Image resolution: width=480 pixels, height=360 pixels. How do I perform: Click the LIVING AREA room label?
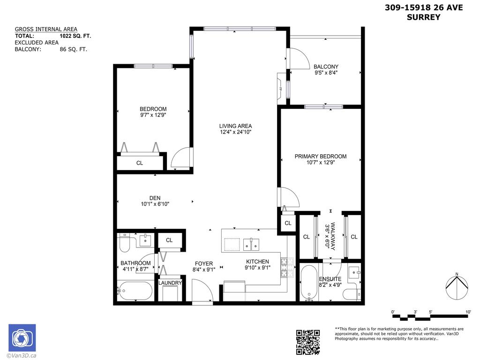235,126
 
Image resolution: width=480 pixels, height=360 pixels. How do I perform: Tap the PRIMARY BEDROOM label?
320,156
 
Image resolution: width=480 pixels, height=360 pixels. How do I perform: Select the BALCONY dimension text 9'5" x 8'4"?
326,73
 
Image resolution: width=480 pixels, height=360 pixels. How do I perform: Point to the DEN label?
155,198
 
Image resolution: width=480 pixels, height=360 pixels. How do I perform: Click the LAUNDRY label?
170,283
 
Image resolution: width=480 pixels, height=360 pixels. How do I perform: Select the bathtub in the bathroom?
135,291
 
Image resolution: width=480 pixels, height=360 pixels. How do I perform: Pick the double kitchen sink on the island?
252,244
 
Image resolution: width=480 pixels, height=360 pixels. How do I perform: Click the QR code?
308,342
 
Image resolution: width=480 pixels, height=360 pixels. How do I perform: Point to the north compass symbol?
457,287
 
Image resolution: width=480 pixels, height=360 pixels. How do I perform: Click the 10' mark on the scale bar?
468,312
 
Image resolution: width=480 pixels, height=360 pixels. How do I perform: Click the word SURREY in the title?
424,17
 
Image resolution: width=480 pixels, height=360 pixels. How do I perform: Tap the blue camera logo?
22,338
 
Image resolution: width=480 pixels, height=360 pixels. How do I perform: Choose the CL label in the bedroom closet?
140,163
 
